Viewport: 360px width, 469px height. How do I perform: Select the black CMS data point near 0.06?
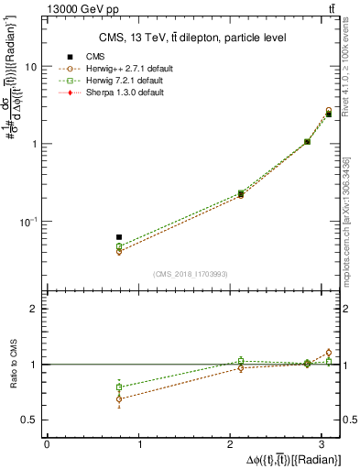point(119,237)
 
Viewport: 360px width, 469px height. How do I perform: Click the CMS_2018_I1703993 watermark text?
point(192,274)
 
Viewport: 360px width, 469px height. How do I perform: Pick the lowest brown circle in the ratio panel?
point(119,398)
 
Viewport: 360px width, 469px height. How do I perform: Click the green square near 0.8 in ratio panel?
point(119,387)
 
